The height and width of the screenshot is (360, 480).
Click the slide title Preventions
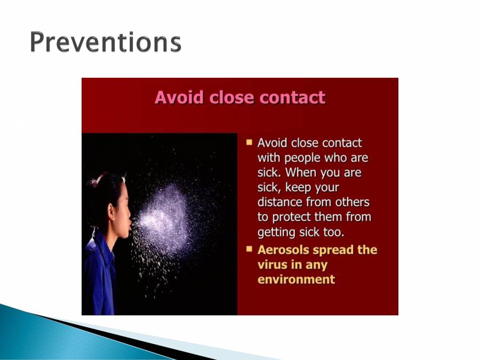coord(105,42)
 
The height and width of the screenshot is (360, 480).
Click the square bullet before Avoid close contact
coord(249,142)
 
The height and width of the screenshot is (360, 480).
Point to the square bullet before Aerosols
coord(249,249)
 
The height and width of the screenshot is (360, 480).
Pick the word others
coord(350,203)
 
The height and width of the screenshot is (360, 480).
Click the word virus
coord(271,265)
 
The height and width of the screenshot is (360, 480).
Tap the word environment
coord(296,279)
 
